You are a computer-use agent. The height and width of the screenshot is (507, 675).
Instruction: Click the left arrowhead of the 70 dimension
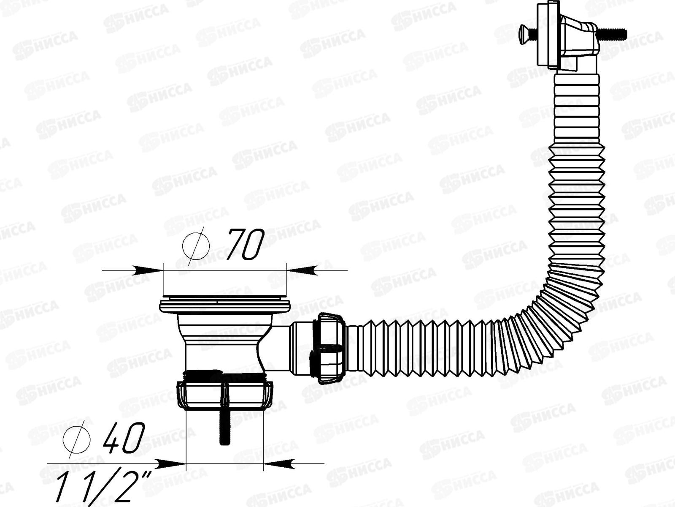click(148, 270)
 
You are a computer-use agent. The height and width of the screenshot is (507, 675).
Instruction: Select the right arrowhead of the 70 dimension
click(302, 270)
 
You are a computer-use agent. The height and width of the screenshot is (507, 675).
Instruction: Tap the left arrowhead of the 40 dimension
click(171, 463)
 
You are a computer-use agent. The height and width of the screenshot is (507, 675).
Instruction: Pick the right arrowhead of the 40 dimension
click(278, 463)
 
